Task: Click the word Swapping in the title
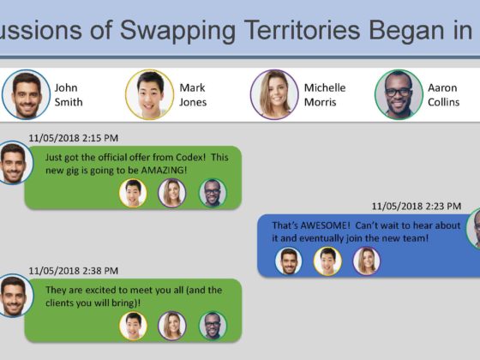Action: click(178, 31)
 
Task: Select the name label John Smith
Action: click(69, 95)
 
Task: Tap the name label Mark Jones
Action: click(193, 95)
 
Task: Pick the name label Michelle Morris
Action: click(325, 95)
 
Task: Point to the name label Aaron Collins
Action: click(444, 95)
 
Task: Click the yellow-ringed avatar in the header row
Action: click(150, 94)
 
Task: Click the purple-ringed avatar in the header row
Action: click(274, 94)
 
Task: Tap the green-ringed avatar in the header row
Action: click(399, 94)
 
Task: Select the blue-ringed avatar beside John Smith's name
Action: click(26, 94)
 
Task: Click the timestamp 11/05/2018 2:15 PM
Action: click(74, 138)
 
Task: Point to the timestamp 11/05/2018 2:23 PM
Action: click(417, 207)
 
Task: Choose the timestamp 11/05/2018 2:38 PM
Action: click(74, 271)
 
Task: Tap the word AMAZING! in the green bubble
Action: click(164, 171)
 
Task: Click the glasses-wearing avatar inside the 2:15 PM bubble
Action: click(213, 193)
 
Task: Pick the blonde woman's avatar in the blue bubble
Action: click(367, 261)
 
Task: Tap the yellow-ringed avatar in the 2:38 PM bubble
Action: click(133, 326)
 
